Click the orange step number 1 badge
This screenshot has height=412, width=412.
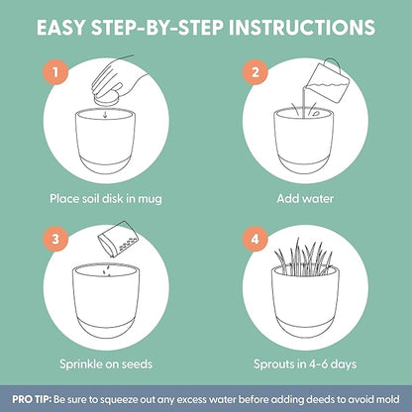(x=55, y=72)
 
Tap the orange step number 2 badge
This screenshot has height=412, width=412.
(x=256, y=72)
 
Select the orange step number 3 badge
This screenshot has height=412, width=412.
(x=55, y=239)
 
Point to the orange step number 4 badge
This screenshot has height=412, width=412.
(x=256, y=239)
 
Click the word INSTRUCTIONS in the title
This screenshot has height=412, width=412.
(x=302, y=28)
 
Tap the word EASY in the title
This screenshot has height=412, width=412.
(x=60, y=28)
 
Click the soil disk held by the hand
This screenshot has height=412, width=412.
(x=106, y=97)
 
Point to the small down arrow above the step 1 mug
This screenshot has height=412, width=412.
(x=105, y=114)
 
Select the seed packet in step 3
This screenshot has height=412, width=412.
(x=118, y=239)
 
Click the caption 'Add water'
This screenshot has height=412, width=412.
(x=305, y=199)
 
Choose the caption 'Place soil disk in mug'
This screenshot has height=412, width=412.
(x=106, y=199)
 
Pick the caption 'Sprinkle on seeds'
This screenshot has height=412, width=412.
(x=106, y=364)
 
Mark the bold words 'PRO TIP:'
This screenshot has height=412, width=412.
(x=32, y=399)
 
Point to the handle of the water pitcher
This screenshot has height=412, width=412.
(x=332, y=65)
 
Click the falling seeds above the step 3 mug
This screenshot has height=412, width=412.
(x=107, y=270)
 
